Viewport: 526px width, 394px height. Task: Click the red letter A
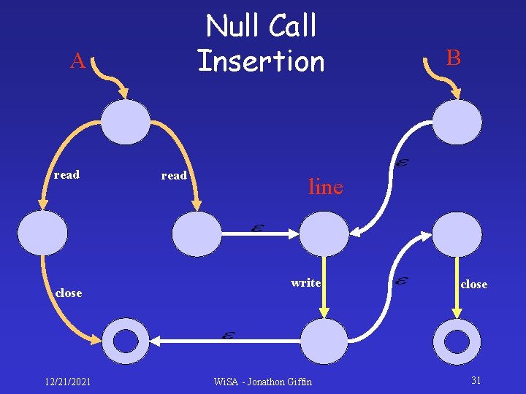point(77,61)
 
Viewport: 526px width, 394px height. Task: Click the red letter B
point(454,58)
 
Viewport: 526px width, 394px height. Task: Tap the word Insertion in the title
point(261,61)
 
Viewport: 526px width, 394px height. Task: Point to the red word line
point(325,187)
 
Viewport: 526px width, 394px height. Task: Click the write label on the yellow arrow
point(305,282)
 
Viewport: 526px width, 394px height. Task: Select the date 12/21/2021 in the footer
point(67,382)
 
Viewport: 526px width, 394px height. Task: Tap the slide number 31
point(476,380)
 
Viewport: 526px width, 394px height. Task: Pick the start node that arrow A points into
point(125,122)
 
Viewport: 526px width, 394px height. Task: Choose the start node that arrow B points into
point(457,122)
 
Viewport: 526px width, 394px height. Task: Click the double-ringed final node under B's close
point(457,341)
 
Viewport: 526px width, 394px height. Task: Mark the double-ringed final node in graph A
point(126,341)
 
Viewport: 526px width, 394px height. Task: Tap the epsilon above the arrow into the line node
point(257,228)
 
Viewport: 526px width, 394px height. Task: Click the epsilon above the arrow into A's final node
point(228,335)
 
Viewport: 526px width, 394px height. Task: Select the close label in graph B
point(473,285)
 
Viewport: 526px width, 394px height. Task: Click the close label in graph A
point(69,293)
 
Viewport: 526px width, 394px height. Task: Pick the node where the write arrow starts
point(324,233)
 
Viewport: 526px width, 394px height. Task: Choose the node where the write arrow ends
point(324,341)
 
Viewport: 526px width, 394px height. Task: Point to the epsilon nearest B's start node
point(401,163)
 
